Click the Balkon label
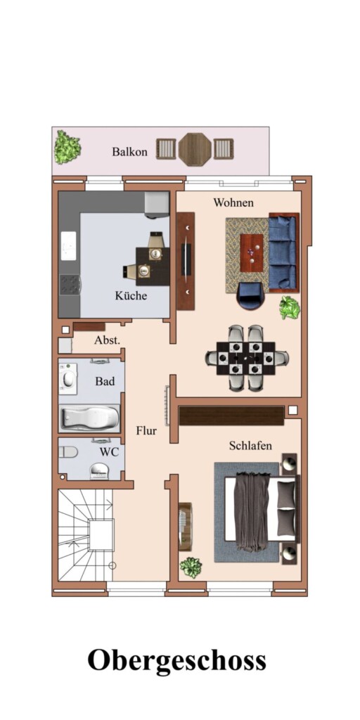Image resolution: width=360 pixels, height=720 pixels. pos(130,152)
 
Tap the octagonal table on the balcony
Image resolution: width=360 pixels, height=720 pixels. pos(195,149)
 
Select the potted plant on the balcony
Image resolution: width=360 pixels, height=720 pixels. pos(67,147)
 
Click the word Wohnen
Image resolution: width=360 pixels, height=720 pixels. pos(233,202)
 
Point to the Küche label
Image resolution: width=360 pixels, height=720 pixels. pos(131,296)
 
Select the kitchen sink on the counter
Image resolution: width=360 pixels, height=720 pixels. pos(68,245)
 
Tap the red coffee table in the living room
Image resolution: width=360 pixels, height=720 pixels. pos(252,253)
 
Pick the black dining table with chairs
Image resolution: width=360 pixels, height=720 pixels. pos(247,358)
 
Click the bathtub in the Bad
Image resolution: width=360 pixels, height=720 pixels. pos(89,418)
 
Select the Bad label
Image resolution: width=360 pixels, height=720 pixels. pos(105,381)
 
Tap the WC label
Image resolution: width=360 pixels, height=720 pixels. pos(109,452)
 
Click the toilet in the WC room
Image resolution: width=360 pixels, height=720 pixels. pos(68,452)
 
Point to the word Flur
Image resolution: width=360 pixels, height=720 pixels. pos(146,431)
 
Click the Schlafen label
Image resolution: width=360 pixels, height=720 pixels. pos(250,445)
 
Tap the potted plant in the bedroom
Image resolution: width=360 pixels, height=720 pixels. pos(191,567)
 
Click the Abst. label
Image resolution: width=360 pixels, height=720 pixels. pos(107,341)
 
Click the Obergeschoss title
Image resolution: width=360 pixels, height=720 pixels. pos(176,661)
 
